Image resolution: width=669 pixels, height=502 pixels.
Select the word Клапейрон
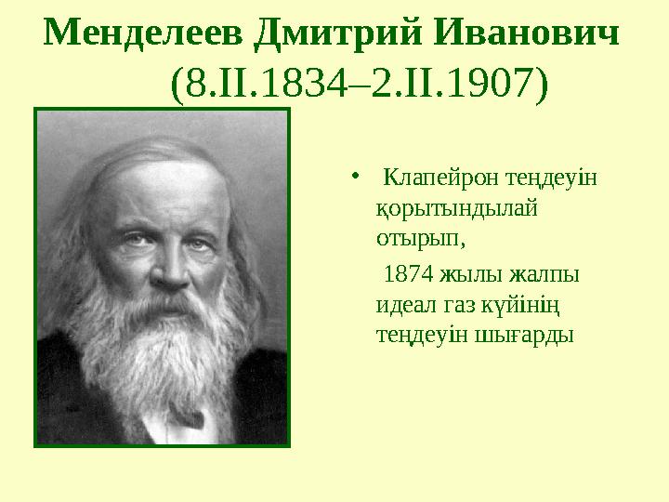(x=431, y=177)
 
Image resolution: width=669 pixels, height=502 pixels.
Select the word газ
(x=458, y=303)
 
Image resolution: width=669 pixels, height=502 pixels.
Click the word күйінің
(x=527, y=303)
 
